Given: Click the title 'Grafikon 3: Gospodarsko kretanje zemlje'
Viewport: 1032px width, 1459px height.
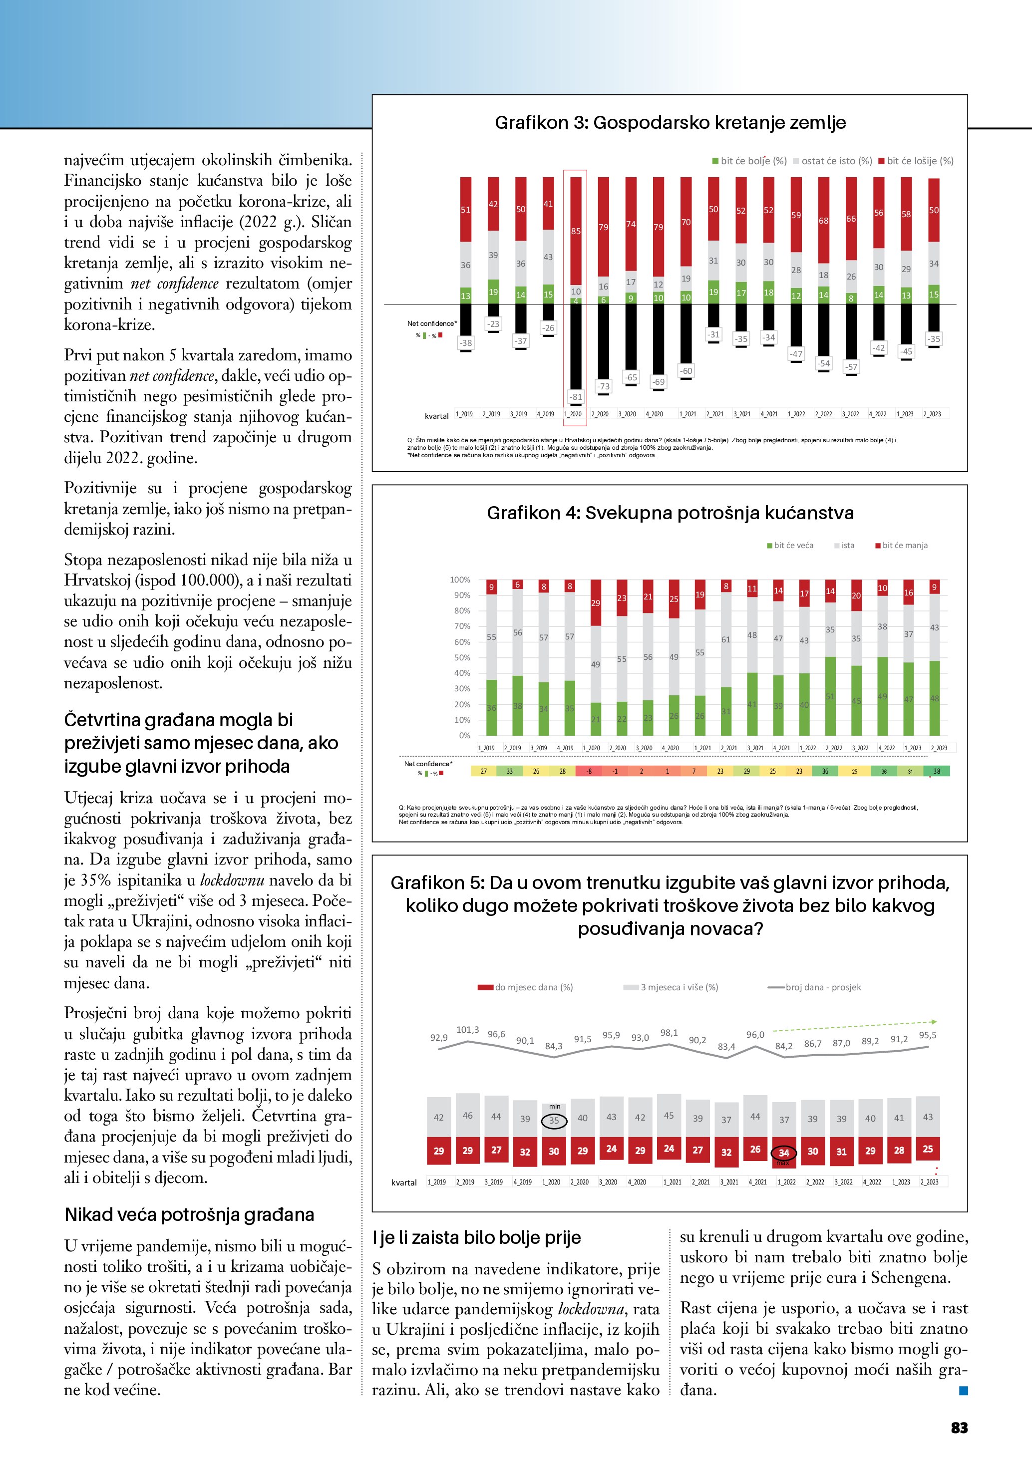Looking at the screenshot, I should [670, 123].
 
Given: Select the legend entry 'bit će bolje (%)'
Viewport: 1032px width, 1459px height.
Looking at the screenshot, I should [749, 161].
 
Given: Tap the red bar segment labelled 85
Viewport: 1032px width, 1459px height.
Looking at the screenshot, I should [576, 231].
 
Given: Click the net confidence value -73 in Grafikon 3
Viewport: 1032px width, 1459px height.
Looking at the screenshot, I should [603, 386].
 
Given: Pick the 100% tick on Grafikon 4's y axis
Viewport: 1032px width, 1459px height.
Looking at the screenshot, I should [460, 580].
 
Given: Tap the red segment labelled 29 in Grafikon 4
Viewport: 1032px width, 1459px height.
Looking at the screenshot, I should [596, 602].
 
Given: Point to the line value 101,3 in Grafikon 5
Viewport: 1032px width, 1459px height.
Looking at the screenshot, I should [468, 1029].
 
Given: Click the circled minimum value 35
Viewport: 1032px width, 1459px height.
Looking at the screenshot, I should [554, 1120].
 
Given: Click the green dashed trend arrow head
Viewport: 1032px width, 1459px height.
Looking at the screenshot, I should [934, 1022].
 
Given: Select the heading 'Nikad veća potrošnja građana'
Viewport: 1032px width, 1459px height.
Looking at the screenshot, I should [189, 1214].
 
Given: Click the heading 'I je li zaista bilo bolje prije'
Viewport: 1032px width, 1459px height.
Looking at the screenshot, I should [477, 1237].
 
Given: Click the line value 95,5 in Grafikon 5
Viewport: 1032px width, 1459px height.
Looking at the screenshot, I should [927, 1035].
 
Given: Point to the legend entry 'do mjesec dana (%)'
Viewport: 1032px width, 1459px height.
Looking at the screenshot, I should [526, 987].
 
